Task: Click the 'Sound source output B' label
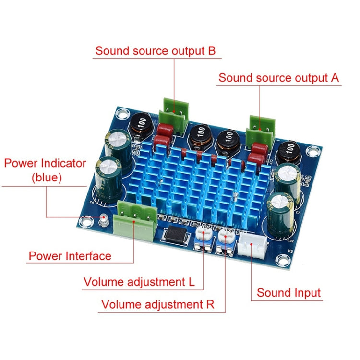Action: click(x=155, y=51)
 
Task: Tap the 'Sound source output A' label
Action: click(x=278, y=78)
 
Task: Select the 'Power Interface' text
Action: click(x=70, y=255)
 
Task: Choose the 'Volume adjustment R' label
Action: click(x=157, y=304)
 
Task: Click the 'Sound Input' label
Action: click(x=288, y=293)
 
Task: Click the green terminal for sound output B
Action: click(x=171, y=119)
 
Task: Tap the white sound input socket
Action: click(x=253, y=245)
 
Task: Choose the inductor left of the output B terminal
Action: click(x=141, y=127)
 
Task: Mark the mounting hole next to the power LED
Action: click(x=86, y=221)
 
